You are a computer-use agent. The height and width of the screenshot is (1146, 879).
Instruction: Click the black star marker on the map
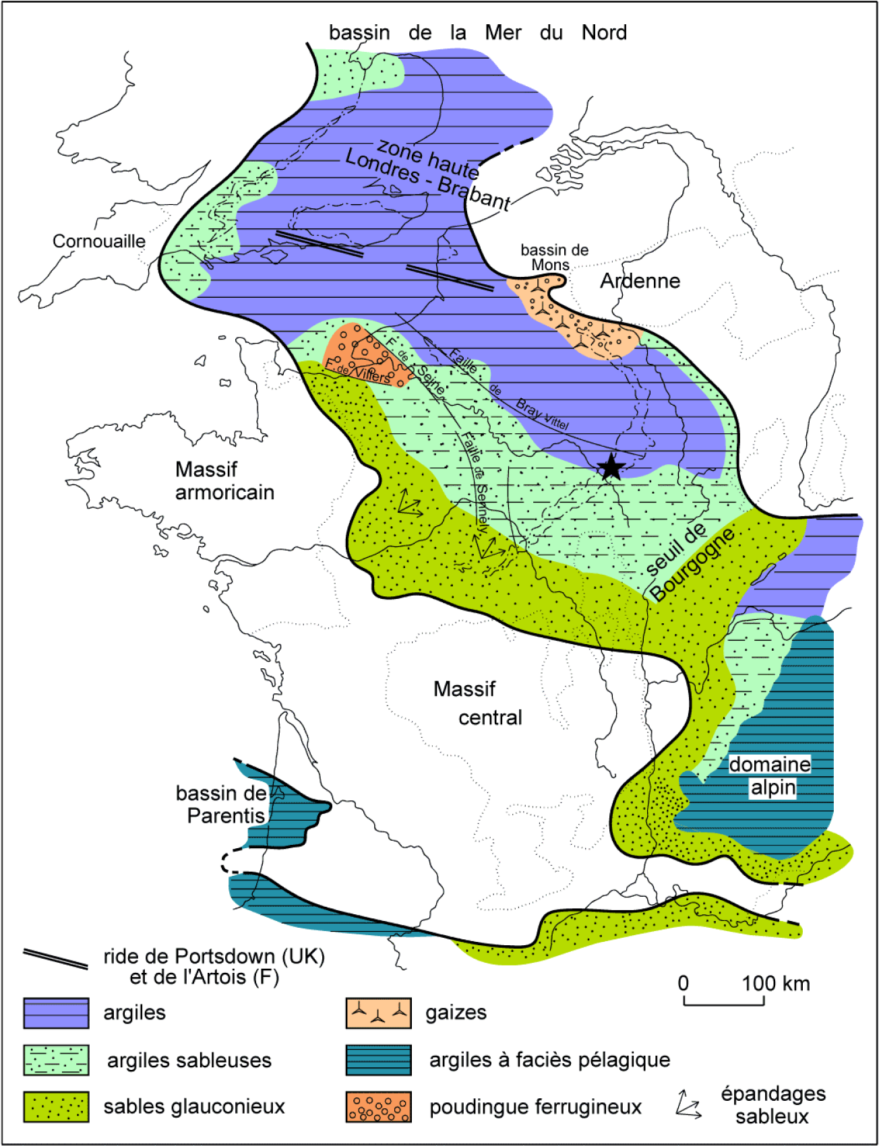[611, 466]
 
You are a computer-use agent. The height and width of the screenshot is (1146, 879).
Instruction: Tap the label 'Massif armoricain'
[224, 480]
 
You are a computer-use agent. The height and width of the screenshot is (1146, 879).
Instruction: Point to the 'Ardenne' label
[640, 281]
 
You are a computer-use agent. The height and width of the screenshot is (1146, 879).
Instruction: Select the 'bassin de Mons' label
[553, 257]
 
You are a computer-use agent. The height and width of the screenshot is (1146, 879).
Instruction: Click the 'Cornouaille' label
[98, 241]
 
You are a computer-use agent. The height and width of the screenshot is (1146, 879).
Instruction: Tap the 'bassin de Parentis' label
[221, 804]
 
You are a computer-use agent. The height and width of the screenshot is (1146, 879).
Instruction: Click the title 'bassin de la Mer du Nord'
[477, 32]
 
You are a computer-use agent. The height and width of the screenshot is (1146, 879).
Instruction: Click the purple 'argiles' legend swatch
[56, 1013]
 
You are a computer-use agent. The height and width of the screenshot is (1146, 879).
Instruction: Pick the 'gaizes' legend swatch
[378, 1013]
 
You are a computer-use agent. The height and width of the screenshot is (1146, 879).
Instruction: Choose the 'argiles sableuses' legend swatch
[56, 1060]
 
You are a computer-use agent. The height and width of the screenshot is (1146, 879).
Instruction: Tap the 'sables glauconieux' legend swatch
[56, 1106]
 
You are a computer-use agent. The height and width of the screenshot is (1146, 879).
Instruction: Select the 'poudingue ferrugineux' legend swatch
[378, 1106]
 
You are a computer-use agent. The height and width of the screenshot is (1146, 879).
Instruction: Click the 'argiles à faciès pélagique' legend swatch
[378, 1060]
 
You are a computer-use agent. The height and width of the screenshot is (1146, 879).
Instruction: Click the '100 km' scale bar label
[775, 984]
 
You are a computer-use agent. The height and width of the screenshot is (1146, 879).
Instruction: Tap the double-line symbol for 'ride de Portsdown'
[56, 959]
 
